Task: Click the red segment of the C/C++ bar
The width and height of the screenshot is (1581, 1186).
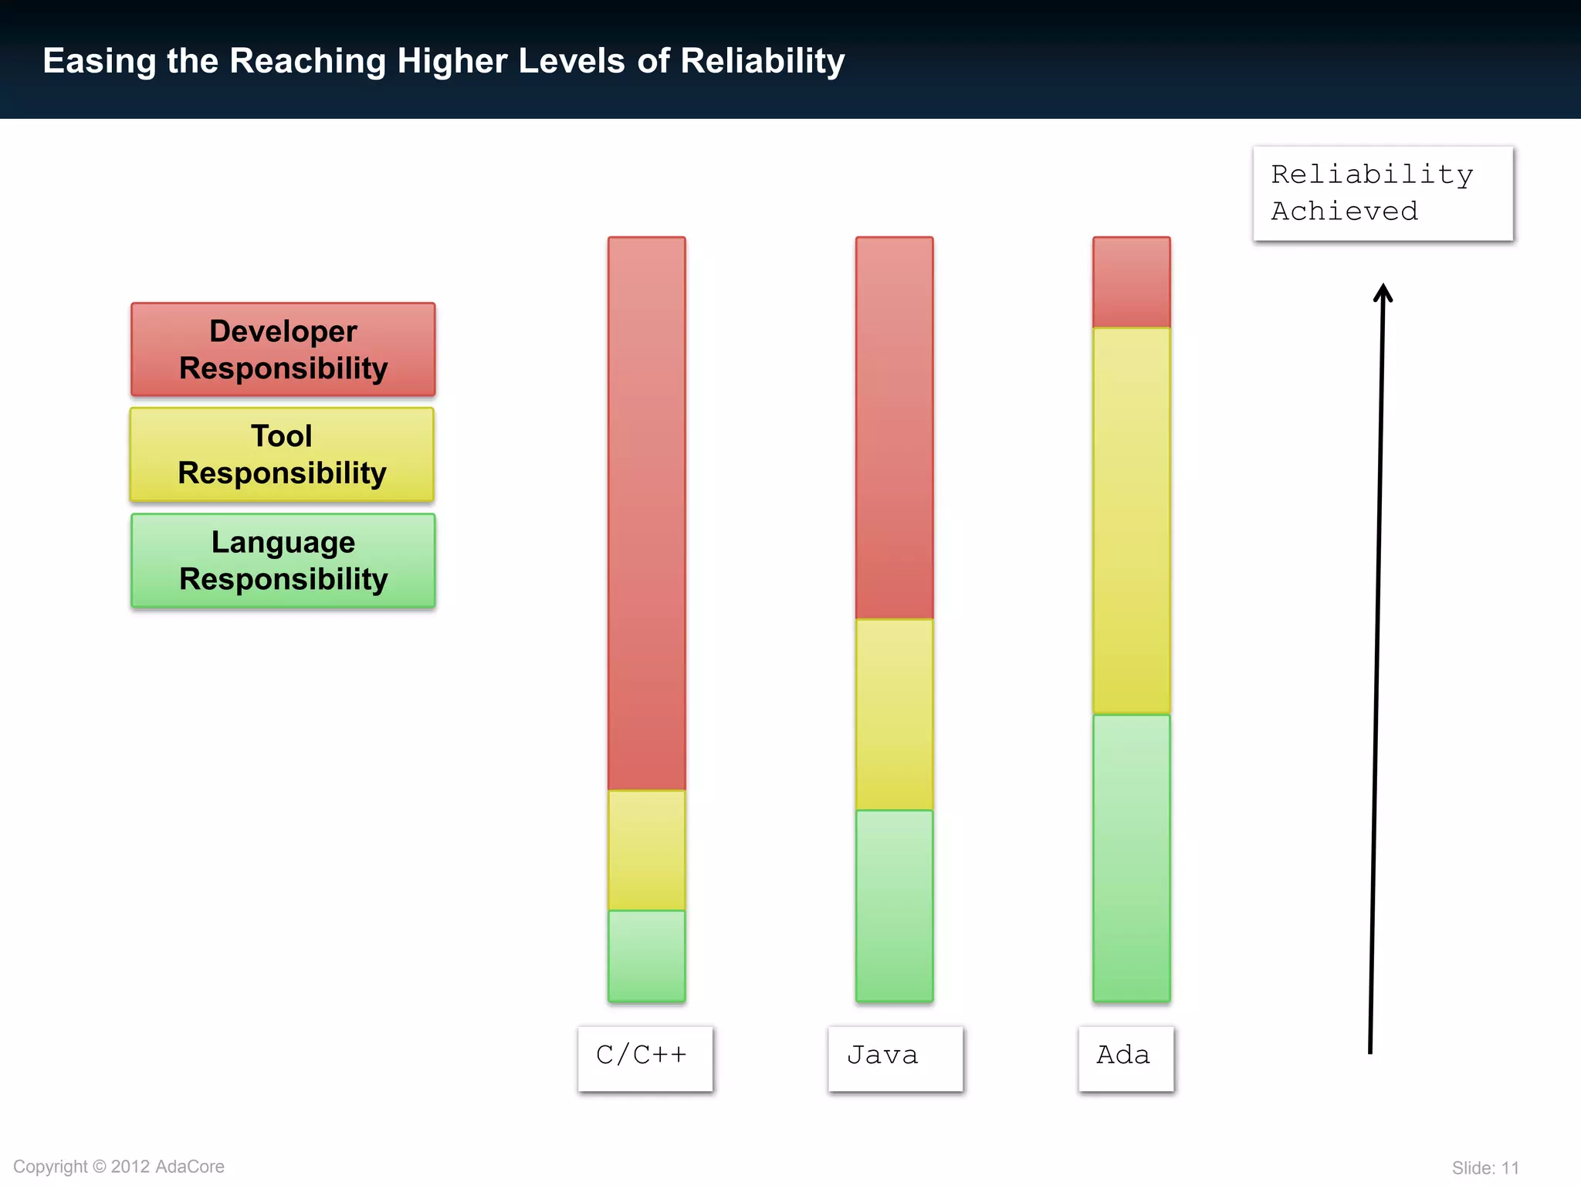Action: (646, 513)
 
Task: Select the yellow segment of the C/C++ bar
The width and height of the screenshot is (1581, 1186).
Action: (646, 850)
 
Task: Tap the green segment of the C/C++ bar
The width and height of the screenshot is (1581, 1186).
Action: (646, 956)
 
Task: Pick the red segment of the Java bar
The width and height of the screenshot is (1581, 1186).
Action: (894, 429)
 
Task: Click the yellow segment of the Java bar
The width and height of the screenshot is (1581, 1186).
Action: (894, 715)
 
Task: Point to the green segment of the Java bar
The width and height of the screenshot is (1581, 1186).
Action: (894, 906)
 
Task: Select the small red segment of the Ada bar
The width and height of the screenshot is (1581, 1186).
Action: (1131, 283)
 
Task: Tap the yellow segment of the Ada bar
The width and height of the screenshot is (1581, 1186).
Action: (1131, 521)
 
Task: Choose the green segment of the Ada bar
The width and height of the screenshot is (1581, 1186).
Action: (1131, 858)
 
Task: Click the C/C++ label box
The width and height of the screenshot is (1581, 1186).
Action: (645, 1058)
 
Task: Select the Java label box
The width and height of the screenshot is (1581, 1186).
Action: (895, 1058)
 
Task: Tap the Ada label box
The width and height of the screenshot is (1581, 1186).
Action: (1126, 1058)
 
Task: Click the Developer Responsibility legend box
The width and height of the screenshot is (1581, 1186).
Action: (283, 350)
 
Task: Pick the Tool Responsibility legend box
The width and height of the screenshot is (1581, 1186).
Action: (283, 455)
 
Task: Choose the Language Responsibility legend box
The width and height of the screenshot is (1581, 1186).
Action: (283, 561)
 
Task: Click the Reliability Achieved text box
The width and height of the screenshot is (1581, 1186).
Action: (1383, 194)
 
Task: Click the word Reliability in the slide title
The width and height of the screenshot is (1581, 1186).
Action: (763, 61)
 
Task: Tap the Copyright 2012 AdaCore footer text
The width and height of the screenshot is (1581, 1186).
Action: (119, 1166)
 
